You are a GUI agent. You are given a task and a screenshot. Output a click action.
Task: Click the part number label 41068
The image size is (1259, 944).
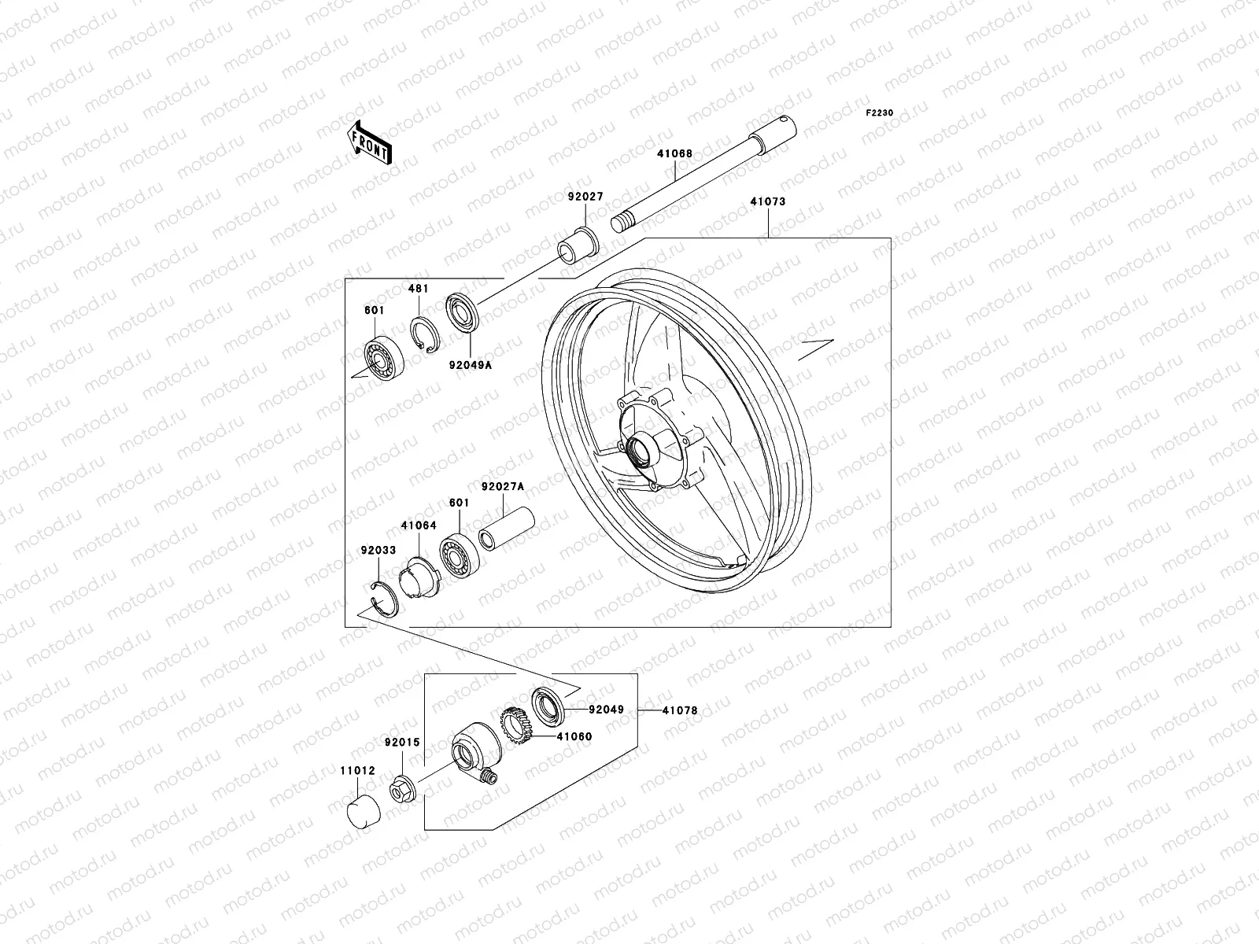[675, 153]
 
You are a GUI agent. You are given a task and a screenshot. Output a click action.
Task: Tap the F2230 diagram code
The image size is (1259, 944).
[880, 113]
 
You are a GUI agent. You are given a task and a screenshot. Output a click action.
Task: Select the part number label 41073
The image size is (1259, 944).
[767, 201]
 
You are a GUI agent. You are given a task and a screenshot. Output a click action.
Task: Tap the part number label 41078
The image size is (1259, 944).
[679, 710]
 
